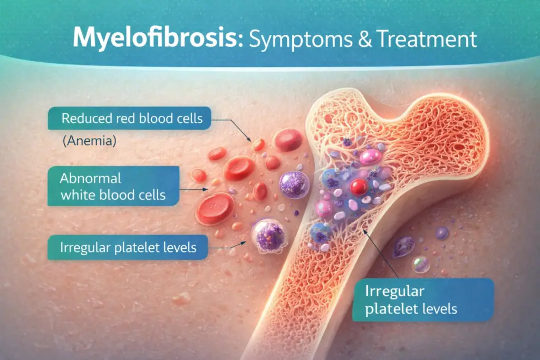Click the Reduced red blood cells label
(129, 119)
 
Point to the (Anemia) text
(90, 140)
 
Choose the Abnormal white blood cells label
(113, 186)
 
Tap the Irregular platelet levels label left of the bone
(128, 247)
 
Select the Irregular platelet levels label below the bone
(423, 300)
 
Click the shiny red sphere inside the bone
(359, 187)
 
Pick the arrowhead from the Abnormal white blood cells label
(206, 189)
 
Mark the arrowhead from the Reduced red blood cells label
(249, 139)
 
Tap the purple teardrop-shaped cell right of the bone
(403, 247)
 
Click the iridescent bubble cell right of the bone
(421, 264)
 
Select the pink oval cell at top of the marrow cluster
(371, 157)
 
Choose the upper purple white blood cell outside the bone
(294, 185)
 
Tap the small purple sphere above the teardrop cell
(441, 233)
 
